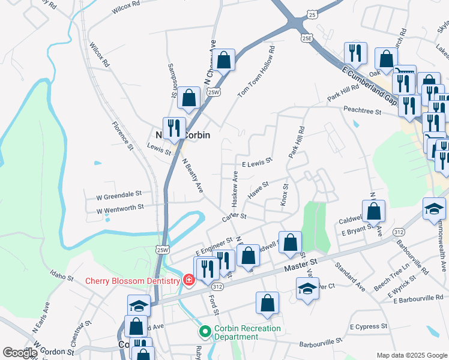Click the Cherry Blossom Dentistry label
133,281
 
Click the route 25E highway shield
307,38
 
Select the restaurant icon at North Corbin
173,127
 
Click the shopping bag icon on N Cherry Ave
224,60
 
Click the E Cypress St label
369,326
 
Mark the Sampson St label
172,80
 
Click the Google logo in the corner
20,352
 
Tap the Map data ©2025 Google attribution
411,355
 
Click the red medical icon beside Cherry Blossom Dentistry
188,280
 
